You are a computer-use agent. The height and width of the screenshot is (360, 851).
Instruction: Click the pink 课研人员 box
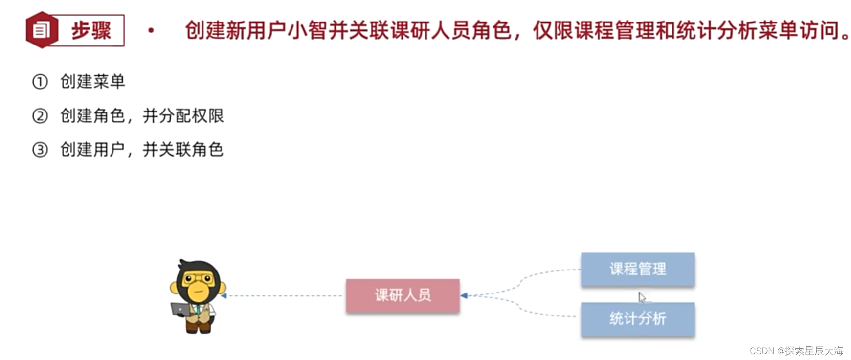point(403,295)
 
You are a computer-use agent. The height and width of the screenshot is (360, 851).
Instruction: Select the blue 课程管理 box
point(637,269)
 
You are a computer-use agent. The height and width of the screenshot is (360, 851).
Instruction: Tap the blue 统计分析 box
point(637,319)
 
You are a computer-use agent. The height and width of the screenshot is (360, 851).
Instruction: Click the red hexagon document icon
point(42,30)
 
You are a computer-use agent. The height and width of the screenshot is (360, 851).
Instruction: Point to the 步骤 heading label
point(91,30)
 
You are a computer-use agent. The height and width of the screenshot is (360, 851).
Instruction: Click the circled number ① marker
point(40,82)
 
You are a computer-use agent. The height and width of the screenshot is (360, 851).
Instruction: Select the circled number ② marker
point(40,116)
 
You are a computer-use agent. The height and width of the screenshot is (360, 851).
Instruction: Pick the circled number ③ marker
point(40,149)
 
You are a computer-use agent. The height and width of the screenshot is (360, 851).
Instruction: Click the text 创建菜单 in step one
point(92,82)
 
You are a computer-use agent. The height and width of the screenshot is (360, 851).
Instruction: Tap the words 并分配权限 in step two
point(183,116)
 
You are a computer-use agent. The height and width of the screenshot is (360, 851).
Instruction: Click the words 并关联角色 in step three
point(183,149)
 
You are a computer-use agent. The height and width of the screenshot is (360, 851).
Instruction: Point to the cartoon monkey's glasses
point(198,280)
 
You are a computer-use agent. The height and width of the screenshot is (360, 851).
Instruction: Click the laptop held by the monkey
point(180,310)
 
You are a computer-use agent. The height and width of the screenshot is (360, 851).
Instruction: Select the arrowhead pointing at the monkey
point(224,295)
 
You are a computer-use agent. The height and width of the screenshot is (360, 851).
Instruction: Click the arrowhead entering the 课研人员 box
point(464,295)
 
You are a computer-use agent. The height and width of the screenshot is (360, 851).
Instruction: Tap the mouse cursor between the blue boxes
point(642,297)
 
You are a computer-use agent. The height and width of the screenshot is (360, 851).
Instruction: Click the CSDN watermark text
point(796,351)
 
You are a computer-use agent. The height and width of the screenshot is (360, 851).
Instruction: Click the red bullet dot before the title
point(151,30)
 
